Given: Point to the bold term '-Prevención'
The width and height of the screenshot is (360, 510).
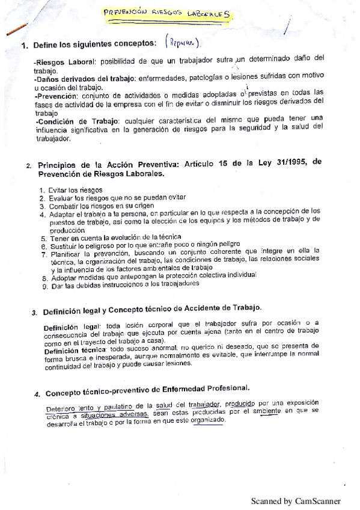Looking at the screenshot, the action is [x=56, y=95].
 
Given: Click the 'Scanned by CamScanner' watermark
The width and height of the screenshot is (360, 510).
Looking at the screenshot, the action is [x=295, y=501].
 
